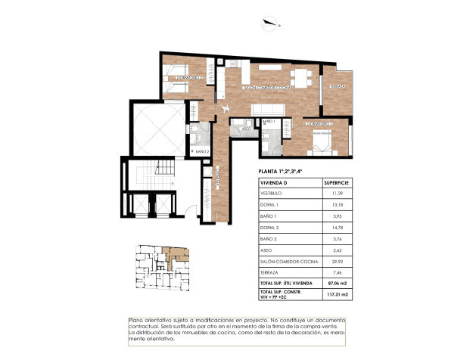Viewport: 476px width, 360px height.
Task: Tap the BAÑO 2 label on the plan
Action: pos(201,152)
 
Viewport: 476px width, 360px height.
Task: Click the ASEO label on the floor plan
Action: pos(246,129)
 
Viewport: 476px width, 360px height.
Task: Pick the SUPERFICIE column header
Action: pos(336,183)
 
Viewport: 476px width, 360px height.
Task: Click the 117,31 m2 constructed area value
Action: pos(336,294)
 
